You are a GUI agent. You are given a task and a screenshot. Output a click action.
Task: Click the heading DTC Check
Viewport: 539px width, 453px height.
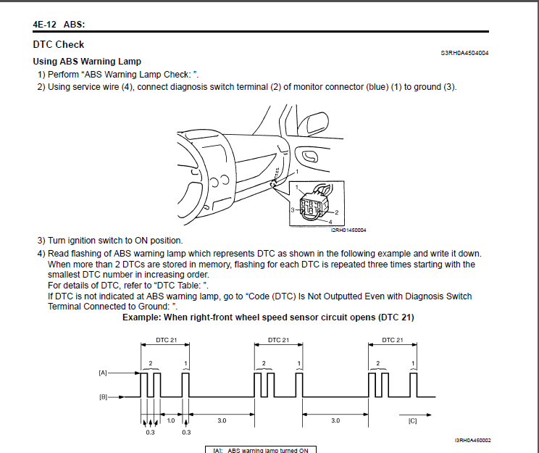(x=59, y=44)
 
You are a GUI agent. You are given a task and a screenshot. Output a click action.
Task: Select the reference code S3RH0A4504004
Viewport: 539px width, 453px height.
(x=464, y=53)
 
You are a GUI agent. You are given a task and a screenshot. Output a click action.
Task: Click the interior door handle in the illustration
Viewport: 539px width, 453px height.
(x=311, y=156)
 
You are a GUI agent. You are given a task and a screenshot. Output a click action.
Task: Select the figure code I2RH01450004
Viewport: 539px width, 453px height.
(x=348, y=230)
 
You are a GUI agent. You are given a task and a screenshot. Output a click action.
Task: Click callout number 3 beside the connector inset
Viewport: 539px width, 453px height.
(x=293, y=209)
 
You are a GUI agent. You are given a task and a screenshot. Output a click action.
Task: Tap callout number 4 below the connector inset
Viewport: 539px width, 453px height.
(x=330, y=221)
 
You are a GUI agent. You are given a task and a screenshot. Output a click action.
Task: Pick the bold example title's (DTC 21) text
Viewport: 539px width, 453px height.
(x=389, y=317)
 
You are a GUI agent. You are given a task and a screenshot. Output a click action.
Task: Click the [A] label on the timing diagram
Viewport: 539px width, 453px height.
(x=103, y=373)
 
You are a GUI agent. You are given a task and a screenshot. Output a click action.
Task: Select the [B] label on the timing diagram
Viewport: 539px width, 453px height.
(x=103, y=396)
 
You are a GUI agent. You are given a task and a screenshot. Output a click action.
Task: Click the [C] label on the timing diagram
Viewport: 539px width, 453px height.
(x=413, y=420)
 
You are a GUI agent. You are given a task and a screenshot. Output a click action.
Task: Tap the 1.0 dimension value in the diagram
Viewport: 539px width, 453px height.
(x=171, y=420)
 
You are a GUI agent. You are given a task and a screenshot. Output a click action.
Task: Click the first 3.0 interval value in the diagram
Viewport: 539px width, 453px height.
(x=222, y=420)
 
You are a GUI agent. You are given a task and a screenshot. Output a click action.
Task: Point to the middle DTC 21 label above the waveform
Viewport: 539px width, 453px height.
(x=279, y=340)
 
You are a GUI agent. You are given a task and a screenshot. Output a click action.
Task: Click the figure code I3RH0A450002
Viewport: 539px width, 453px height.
(x=473, y=440)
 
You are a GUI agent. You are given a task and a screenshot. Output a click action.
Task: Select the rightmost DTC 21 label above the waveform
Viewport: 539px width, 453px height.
(x=393, y=340)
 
